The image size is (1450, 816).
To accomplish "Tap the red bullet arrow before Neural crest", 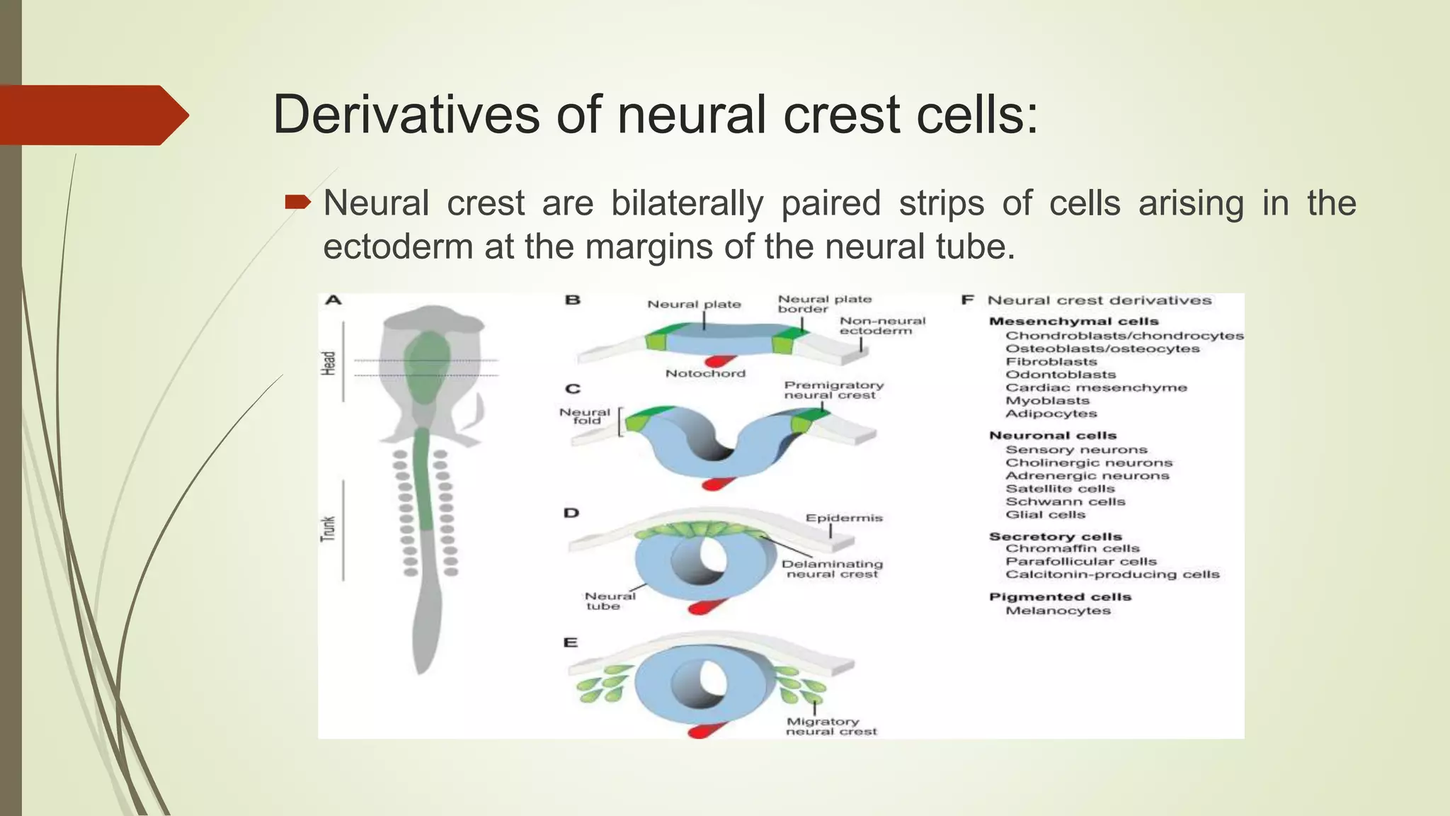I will (297, 203).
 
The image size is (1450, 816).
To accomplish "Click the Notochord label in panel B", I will (705, 373).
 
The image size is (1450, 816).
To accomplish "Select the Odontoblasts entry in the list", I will (1060, 375).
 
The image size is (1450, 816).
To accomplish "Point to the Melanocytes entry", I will (1058, 611).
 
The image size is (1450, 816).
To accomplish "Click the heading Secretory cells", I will (1055, 536).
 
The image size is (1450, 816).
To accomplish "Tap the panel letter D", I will (571, 513).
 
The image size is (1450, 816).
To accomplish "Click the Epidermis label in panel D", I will (843, 518).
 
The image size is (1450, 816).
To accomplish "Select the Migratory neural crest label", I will (830, 727).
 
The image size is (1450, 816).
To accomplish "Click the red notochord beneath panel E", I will (708, 730).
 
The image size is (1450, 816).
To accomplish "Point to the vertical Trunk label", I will (328, 529).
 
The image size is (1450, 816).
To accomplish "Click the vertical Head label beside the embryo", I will (328, 363).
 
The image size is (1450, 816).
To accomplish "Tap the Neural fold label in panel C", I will (585, 416).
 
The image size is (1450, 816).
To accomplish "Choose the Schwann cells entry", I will (1065, 501).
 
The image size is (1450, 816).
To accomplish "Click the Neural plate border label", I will (823, 304).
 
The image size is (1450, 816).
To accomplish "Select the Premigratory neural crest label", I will (833, 390).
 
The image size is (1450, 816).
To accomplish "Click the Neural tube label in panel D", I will (609, 601).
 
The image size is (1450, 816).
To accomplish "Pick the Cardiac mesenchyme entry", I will (1095, 387).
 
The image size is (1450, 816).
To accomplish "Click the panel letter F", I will (967, 300).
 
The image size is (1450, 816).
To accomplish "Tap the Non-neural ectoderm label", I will (881, 326).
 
